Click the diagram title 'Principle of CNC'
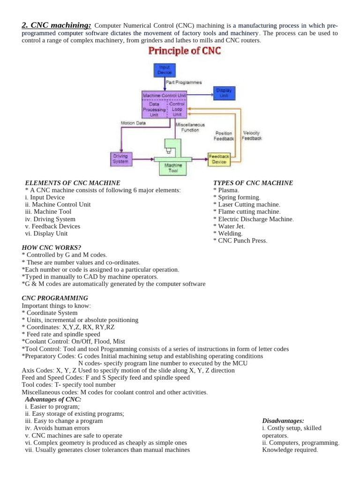(185, 51)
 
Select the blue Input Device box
(164, 70)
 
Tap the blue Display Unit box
(224, 93)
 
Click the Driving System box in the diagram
(120, 159)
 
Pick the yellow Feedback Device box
(219, 159)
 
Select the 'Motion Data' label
(133, 123)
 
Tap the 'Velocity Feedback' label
(252, 135)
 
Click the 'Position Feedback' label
(223, 136)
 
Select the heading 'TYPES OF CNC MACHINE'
(253, 183)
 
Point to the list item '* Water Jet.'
(229, 226)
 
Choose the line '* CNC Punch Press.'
(240, 240)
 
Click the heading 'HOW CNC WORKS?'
(52, 247)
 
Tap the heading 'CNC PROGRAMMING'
(55, 298)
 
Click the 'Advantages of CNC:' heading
(53, 399)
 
